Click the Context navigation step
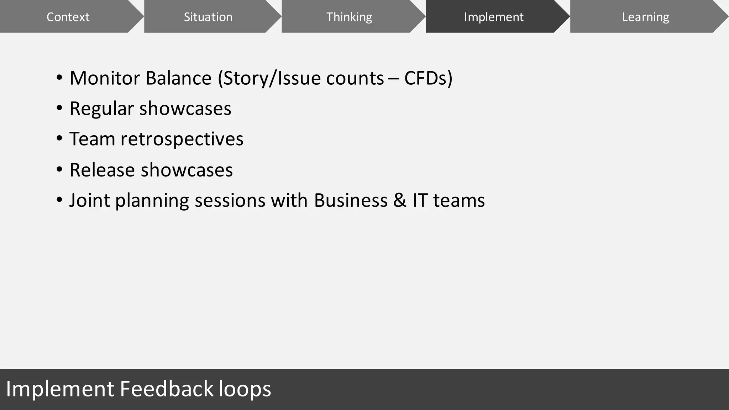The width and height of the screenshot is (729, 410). pos(68,17)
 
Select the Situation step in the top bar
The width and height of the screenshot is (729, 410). pos(208,17)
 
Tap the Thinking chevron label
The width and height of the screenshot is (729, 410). pos(349,17)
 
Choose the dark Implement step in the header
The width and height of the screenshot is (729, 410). pos(493,17)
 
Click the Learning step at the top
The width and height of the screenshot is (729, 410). pos(645,17)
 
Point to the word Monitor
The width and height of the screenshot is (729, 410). pos(105,78)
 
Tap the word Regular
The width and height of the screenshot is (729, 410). pos(101,109)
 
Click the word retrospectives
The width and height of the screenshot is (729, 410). pos(182,139)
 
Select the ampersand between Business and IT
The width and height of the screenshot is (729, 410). pos(400,200)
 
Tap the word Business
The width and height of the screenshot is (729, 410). pos(351,200)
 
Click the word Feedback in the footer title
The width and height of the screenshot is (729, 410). pos(166,389)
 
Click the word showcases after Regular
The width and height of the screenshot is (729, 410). pos(185,109)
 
